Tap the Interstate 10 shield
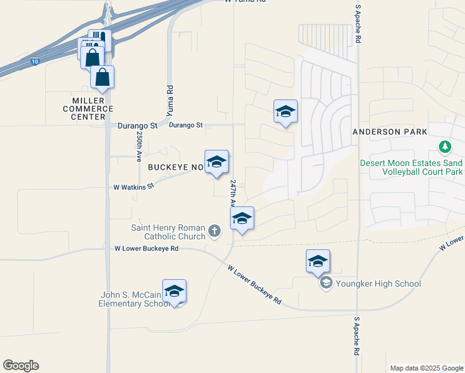tap(34, 62)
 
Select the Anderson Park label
tap(390, 132)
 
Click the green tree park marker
tap(444, 147)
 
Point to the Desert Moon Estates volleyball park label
tap(412, 167)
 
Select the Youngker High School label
tap(378, 283)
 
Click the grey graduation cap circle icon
tap(325, 283)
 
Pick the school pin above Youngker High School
tap(318, 261)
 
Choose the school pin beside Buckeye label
tap(216, 162)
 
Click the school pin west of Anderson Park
tap(285, 111)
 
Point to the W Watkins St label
tap(133, 186)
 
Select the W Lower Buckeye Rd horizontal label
tap(147, 248)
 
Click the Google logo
tap(21, 365)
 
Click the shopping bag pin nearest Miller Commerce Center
tap(103, 78)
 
